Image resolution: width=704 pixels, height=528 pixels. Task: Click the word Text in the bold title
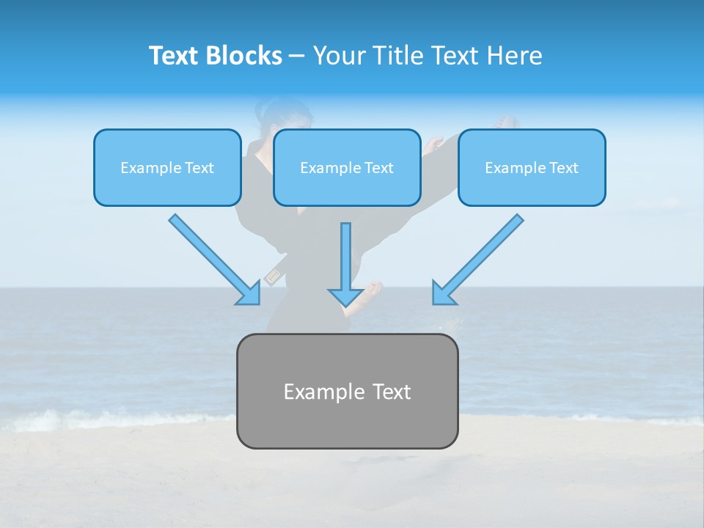click(x=175, y=56)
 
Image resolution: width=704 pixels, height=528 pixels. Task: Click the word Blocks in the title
click(x=245, y=56)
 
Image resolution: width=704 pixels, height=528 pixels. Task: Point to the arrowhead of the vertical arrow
click(x=345, y=297)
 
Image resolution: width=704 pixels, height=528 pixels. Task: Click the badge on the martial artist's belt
click(x=273, y=277)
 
